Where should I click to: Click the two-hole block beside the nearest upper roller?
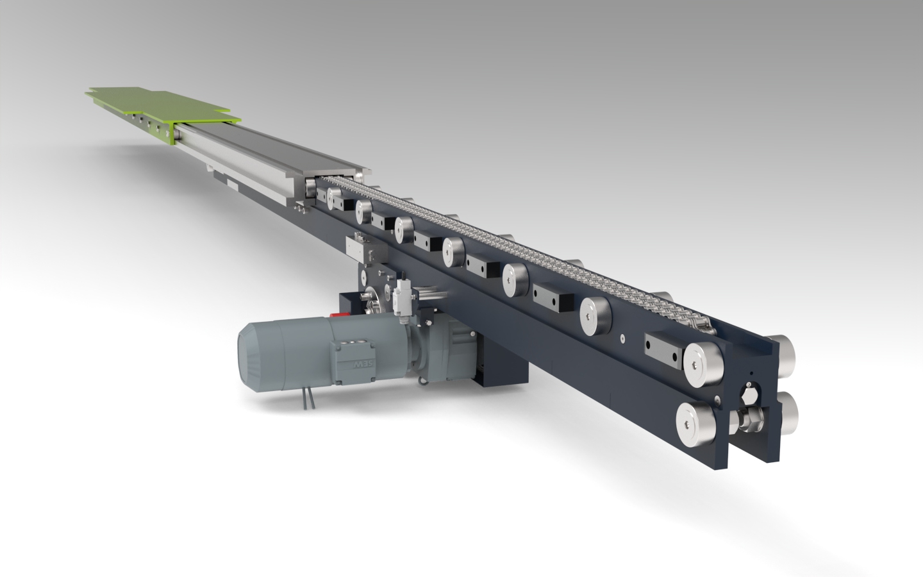coord(664,346)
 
